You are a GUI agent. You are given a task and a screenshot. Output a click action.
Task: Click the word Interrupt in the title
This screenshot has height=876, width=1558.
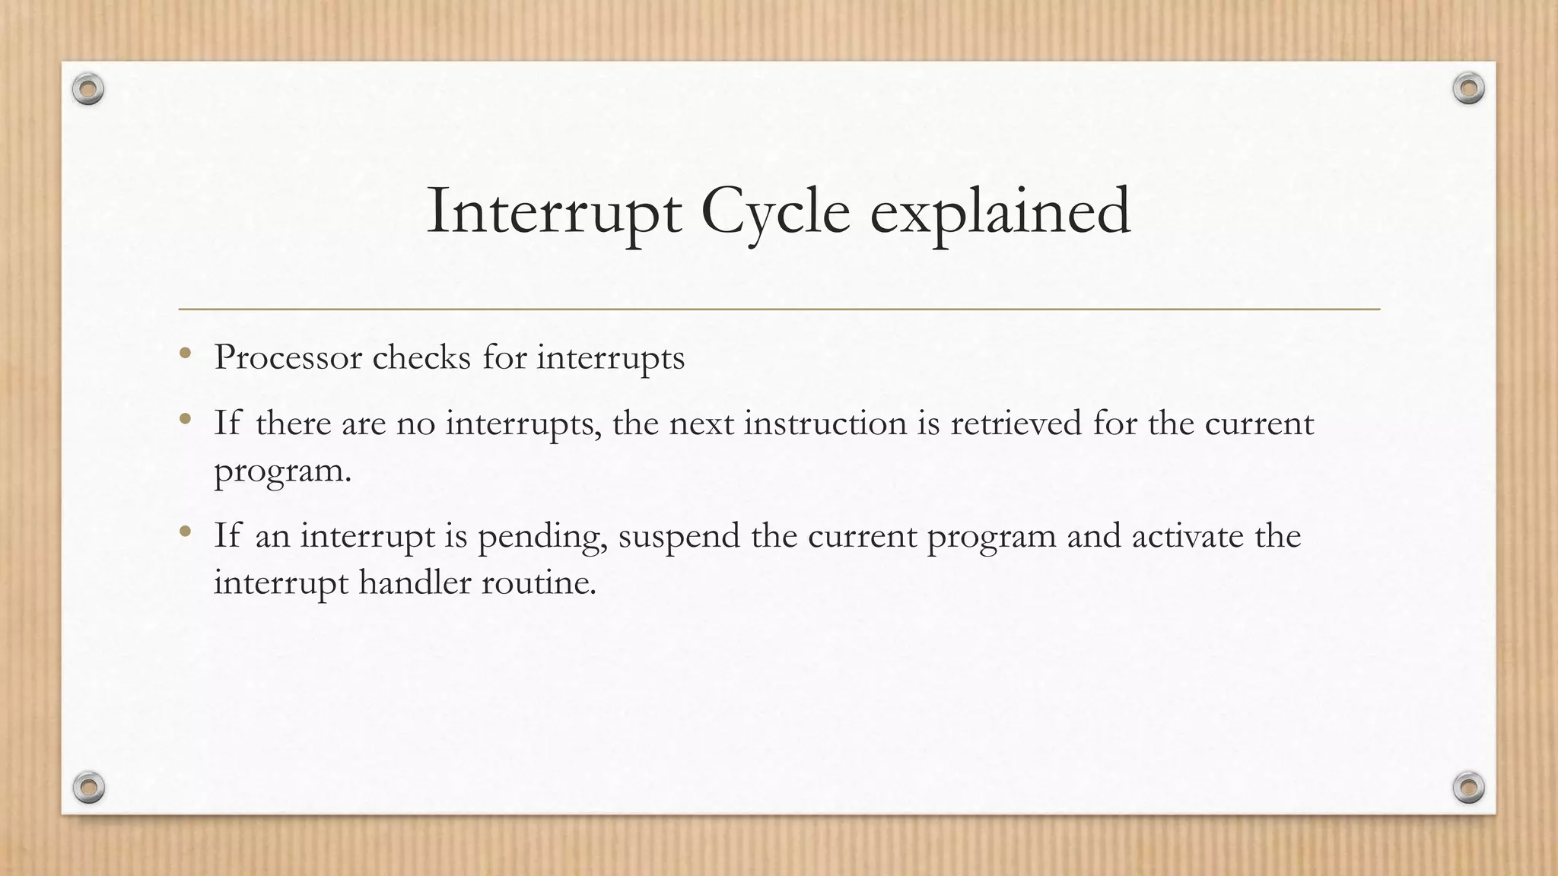553,211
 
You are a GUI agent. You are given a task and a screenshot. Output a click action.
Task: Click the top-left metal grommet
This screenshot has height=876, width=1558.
88,90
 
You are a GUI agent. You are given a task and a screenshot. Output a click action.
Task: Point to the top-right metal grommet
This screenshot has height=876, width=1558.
1468,89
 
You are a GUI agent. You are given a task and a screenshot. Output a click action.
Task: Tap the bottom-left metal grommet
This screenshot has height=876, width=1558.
88,787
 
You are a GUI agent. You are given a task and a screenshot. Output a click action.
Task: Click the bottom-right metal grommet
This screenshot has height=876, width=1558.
1468,787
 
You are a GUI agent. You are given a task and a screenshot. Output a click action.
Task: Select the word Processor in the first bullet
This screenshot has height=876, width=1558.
288,357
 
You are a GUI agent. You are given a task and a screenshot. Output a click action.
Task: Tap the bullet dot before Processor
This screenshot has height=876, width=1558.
185,353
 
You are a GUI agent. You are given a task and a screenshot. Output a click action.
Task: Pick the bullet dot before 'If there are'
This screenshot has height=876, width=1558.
185,418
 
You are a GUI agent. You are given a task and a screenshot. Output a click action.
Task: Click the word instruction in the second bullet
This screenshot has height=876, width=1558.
825,423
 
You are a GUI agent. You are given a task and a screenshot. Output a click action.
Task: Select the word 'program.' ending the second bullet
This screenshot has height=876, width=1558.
282,471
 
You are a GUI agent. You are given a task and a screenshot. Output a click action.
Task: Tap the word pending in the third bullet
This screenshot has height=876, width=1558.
542,537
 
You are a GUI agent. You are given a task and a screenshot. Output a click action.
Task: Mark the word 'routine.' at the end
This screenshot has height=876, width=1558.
539,582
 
